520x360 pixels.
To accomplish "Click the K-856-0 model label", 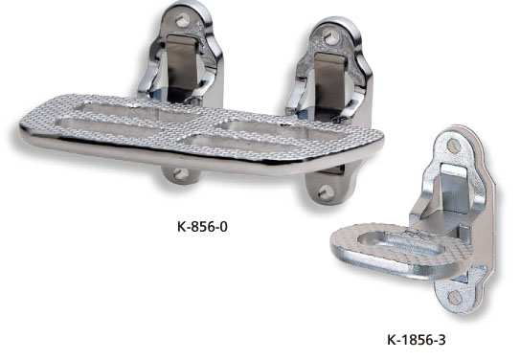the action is click(x=202, y=227).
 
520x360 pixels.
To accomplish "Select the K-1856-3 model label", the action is click(x=417, y=340).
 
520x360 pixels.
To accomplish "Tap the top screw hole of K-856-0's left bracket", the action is click(x=182, y=20).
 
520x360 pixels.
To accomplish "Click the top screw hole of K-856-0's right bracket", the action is click(x=330, y=36).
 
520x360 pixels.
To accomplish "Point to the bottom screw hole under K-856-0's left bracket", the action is click(x=181, y=174).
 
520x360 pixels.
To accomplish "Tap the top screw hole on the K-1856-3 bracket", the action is click(x=454, y=145).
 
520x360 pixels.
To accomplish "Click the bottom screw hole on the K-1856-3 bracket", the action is click(x=454, y=298).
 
